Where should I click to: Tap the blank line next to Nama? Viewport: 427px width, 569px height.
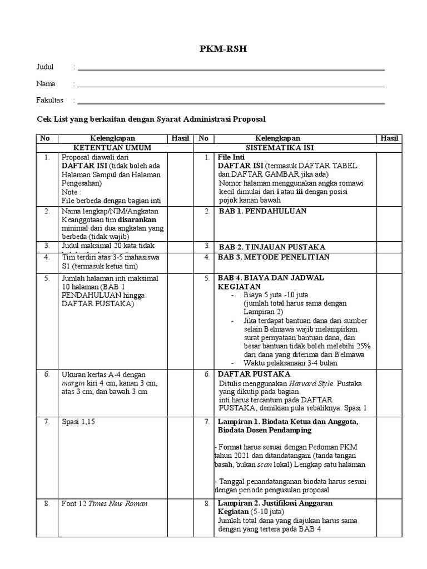(x=231, y=86)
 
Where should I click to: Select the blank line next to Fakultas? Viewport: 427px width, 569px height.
(x=231, y=102)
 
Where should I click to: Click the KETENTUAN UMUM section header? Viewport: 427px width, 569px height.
(x=113, y=148)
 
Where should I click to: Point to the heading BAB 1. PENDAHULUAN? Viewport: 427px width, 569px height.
(x=262, y=212)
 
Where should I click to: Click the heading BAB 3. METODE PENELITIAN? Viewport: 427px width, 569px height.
(x=274, y=257)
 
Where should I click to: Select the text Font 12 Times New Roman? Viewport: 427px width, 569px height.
(x=105, y=504)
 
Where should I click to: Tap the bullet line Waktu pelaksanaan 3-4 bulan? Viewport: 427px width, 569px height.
(x=291, y=363)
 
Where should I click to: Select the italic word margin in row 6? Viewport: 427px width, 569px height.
(x=72, y=383)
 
